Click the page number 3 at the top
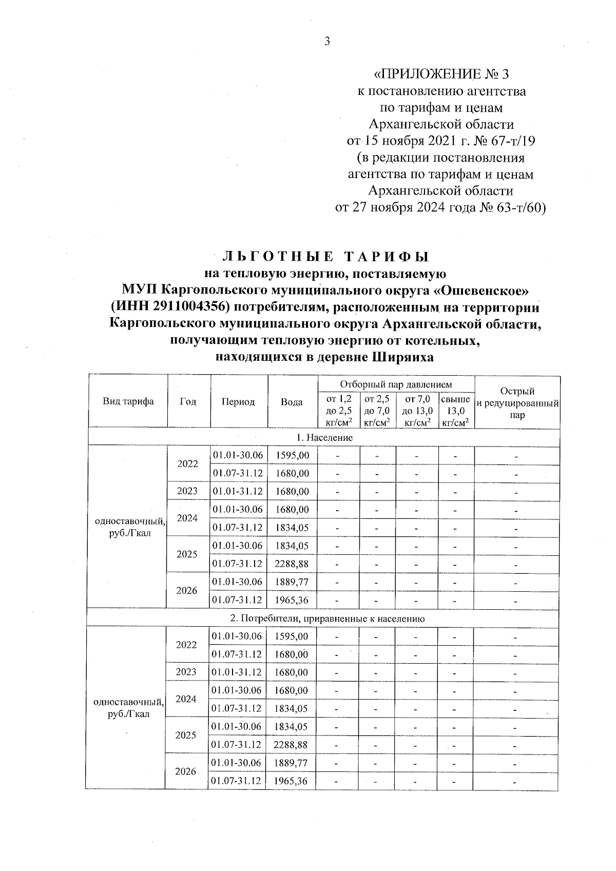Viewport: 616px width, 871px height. coord(327,42)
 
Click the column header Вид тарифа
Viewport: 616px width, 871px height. coord(128,401)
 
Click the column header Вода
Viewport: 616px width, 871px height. coord(292,402)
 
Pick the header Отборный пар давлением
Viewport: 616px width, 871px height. coord(396,384)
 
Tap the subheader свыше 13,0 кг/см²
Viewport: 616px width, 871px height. coord(455,411)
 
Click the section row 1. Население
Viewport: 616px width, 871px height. coord(324,437)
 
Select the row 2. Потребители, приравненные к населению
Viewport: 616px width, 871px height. coord(324,618)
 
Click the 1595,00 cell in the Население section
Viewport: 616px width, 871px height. coord(292,455)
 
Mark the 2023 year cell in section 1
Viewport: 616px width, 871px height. coord(187,491)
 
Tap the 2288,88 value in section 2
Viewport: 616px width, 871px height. coord(291,744)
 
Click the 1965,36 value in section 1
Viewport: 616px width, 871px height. coord(292,599)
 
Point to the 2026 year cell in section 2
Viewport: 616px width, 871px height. coord(186,771)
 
